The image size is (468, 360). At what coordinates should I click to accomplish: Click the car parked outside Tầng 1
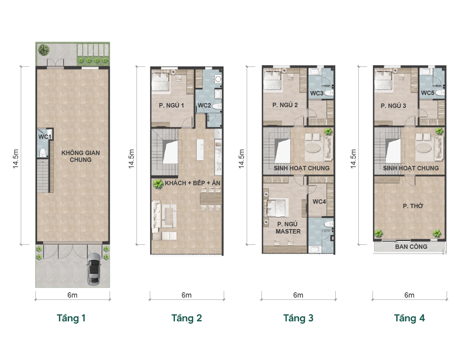point(94,269)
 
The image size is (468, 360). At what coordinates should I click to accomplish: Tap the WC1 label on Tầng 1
point(45,137)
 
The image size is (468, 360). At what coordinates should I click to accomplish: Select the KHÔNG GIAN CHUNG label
point(81,156)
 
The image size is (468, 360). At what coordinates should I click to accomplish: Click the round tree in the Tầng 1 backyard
point(44,50)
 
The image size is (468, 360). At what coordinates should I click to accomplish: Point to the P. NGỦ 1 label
point(171,105)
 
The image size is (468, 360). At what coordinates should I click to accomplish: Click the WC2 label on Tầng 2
point(204,105)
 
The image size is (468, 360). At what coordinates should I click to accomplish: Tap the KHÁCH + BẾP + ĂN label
point(193,183)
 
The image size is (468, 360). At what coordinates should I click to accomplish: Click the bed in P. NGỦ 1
point(160,81)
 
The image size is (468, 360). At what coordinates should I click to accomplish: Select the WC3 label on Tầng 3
point(317,93)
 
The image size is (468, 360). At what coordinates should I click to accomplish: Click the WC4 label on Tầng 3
point(319,202)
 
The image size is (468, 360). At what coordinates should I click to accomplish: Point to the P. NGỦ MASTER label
point(288,228)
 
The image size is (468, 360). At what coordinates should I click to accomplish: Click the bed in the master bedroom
point(278,208)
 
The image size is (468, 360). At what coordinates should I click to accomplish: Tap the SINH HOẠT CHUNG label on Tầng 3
point(302,168)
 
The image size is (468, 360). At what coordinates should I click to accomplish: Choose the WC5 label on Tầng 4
point(428,93)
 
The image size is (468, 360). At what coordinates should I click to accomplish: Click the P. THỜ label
point(413,206)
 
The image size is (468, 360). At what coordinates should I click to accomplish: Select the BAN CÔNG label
point(411,247)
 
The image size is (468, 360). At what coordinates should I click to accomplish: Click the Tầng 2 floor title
point(187,318)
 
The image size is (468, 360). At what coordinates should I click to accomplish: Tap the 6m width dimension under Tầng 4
point(409,295)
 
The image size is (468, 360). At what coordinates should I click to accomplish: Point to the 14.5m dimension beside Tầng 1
point(16,159)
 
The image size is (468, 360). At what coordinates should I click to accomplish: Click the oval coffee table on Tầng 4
point(424,148)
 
